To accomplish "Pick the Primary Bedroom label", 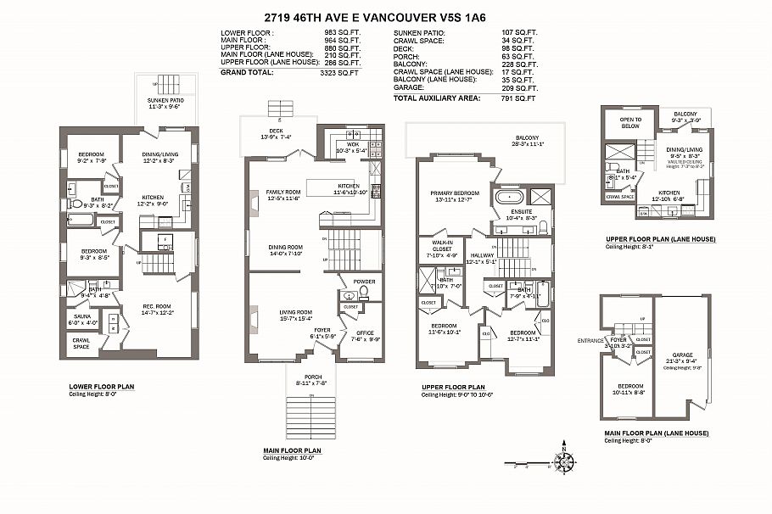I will [x=454, y=193].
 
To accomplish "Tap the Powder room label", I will [x=364, y=282].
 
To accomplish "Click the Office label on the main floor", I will [x=366, y=332].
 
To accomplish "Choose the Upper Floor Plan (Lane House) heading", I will [x=660, y=239].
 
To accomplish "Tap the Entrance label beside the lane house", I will [x=590, y=340].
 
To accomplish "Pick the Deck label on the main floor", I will [x=276, y=130].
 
